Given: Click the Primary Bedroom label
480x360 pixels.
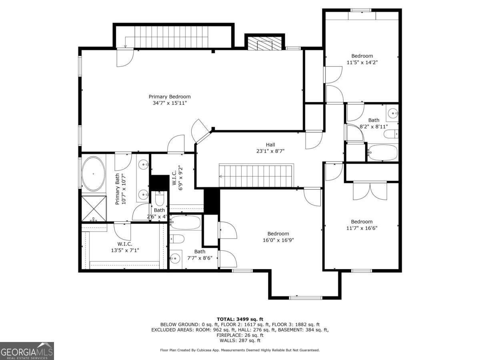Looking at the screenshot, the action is click(x=170, y=97).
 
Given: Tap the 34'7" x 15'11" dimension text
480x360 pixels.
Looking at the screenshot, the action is click(x=170, y=103).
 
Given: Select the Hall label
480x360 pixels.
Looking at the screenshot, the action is click(x=270, y=144).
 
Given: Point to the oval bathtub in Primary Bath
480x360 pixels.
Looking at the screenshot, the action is click(x=93, y=173).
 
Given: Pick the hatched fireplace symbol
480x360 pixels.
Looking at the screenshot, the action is click(x=265, y=43).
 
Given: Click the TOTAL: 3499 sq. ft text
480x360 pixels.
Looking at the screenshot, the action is click(x=240, y=319).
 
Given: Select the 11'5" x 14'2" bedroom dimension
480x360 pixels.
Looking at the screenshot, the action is click(x=362, y=62).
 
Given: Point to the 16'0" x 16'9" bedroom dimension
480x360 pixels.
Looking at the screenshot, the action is click(x=278, y=240).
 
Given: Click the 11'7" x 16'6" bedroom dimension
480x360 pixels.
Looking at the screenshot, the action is click(x=362, y=228).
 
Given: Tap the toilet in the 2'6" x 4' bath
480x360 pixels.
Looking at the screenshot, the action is click(x=160, y=198).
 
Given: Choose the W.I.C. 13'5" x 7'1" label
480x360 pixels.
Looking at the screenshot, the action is click(x=125, y=247).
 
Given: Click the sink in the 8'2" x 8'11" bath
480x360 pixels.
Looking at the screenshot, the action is click(x=392, y=113).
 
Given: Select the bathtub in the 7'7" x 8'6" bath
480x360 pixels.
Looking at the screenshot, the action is click(x=186, y=222).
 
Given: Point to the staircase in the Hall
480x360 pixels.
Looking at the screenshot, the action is click(x=256, y=176).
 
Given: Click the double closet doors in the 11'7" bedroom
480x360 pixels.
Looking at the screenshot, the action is click(x=370, y=191).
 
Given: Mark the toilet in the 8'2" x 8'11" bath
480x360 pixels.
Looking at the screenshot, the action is click(x=391, y=134).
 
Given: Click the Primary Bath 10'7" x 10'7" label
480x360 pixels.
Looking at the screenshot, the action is click(x=120, y=189).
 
